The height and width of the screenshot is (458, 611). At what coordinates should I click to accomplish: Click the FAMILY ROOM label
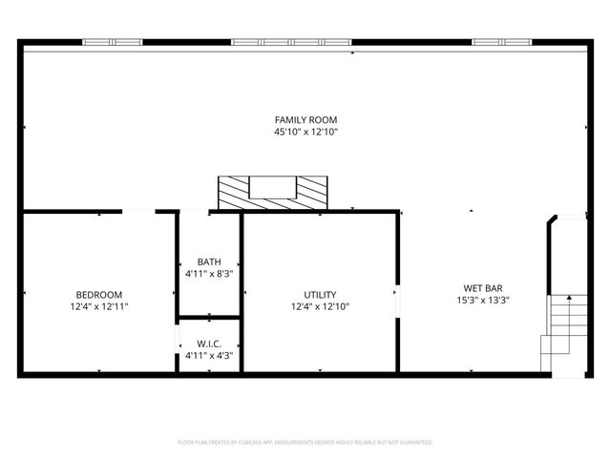(x=305, y=119)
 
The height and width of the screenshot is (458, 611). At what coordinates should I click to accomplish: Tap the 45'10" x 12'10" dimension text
(x=305, y=132)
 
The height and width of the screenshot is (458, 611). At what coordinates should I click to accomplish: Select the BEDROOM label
(x=98, y=295)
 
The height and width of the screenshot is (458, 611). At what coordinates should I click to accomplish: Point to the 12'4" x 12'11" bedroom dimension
(x=98, y=307)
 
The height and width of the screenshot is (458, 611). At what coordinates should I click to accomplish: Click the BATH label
(x=209, y=261)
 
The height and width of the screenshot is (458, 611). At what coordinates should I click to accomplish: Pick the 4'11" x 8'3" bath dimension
(x=209, y=274)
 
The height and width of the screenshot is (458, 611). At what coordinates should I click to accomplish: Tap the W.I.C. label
(x=209, y=343)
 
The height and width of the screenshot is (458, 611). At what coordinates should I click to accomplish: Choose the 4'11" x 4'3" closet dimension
(x=209, y=355)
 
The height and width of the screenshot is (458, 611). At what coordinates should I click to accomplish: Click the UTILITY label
(x=320, y=295)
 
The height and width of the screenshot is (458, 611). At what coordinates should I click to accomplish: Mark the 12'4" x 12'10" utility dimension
(x=320, y=307)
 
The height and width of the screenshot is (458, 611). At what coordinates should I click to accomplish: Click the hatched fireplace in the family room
(x=272, y=192)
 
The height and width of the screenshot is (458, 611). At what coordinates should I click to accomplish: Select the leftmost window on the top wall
(x=112, y=42)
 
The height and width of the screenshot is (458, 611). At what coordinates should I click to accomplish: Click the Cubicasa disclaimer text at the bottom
(x=305, y=443)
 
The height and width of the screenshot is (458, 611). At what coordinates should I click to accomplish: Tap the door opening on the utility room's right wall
(x=397, y=298)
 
